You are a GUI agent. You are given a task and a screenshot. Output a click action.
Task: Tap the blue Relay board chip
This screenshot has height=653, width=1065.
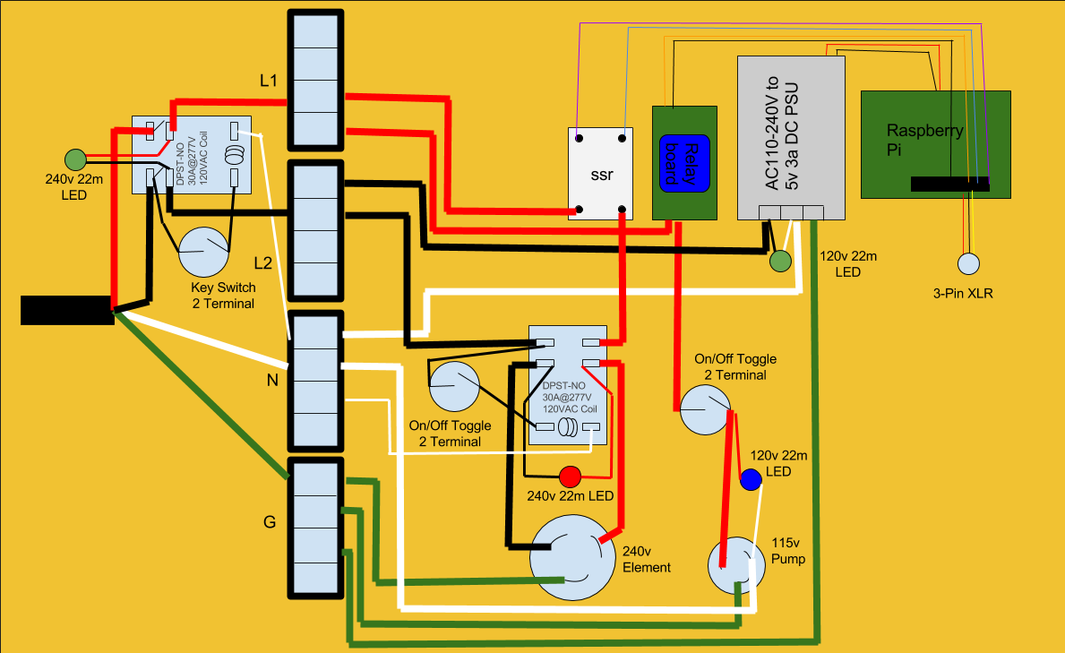(x=684, y=162)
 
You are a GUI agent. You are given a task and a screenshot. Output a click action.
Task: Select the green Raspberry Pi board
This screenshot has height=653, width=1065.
(x=935, y=143)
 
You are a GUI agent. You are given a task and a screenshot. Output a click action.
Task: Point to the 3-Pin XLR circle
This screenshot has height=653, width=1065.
(x=969, y=263)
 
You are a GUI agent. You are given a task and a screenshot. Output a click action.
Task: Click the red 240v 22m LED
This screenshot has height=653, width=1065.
(x=570, y=477)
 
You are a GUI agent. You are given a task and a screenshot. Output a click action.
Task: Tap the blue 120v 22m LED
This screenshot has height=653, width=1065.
(x=751, y=480)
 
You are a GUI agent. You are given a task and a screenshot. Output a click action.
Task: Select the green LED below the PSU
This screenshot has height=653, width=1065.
(x=780, y=261)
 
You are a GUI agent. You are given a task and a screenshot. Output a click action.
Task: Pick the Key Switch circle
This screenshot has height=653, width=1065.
(x=204, y=253)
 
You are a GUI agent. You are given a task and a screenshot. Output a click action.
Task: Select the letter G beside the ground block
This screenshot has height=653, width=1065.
(x=268, y=522)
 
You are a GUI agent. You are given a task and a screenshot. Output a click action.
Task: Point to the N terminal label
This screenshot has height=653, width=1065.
(x=271, y=380)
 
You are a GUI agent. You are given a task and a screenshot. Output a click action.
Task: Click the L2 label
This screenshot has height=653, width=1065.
(x=262, y=263)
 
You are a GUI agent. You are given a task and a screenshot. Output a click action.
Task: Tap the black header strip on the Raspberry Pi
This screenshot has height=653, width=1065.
(x=949, y=185)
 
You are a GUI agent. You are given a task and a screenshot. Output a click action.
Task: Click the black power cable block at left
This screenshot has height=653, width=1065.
(x=66, y=309)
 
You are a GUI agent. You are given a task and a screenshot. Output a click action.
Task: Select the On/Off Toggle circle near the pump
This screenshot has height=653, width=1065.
(x=706, y=408)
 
